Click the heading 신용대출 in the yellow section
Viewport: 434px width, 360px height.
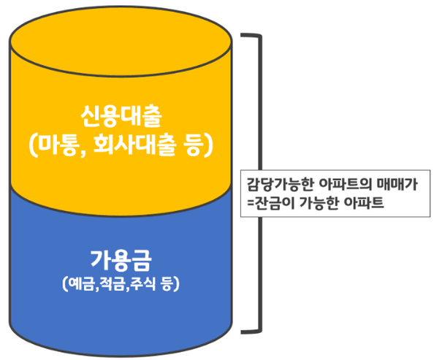[x=121, y=116]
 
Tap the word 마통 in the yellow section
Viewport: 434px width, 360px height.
[x=57, y=145]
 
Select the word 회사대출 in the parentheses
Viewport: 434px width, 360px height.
[x=134, y=145]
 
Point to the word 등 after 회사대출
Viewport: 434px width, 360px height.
[x=193, y=145]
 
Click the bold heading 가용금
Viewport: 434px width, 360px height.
[x=121, y=260]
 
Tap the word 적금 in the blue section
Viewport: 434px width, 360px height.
[x=112, y=284]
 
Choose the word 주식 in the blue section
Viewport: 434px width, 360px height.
[x=143, y=284]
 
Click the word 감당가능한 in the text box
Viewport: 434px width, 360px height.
[x=280, y=184]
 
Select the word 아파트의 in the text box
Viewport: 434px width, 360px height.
[x=346, y=184]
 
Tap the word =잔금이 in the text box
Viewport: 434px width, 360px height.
[x=271, y=203]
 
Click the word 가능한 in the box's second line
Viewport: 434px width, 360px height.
[x=319, y=203]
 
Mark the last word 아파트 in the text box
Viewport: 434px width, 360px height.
[x=364, y=202]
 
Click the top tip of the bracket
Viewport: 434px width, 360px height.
[x=242, y=35]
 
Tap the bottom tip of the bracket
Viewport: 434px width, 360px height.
[x=242, y=332]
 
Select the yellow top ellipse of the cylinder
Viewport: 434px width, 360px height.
[x=121, y=42]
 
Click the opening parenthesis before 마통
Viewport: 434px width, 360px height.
[x=33, y=145]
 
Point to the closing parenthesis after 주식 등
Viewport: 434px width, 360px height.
[x=176, y=284]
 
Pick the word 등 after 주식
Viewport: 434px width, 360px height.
[x=167, y=284]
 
